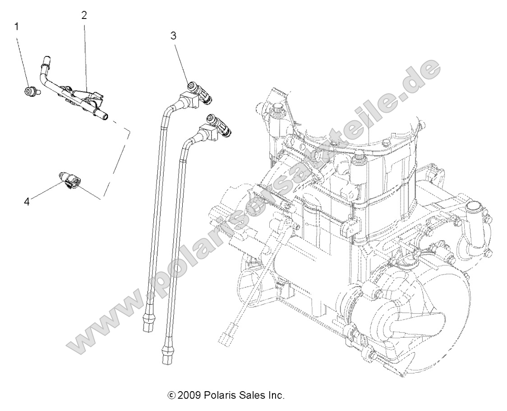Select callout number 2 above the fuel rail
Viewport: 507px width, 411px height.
tap(84, 15)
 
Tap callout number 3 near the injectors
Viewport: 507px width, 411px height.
tap(174, 36)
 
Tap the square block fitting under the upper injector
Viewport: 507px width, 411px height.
tap(185, 99)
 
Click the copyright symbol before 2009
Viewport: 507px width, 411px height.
tap(171, 396)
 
